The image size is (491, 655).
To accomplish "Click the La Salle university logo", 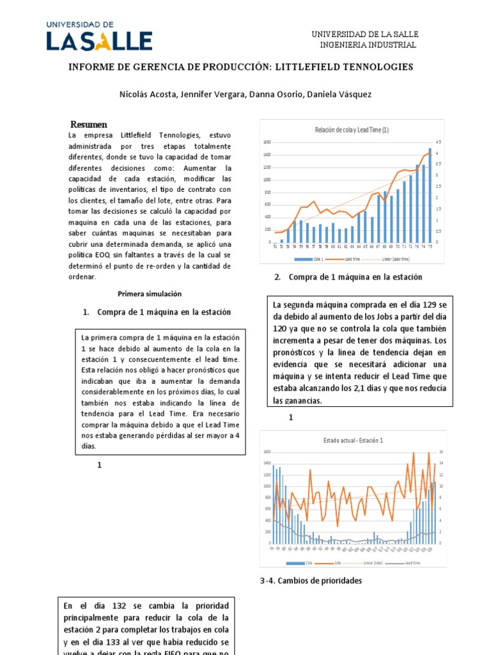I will coord(98,36).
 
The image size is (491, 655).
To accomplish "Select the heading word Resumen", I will coord(89,124).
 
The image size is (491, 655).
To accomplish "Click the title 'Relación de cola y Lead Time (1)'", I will coord(352,130).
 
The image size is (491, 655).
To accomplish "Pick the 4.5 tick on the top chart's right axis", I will coord(439,142).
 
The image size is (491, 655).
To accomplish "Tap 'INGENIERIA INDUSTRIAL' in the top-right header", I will coord(368,45).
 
